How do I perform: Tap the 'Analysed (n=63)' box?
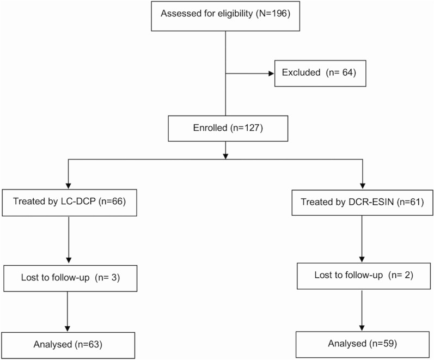[x=68, y=344]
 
